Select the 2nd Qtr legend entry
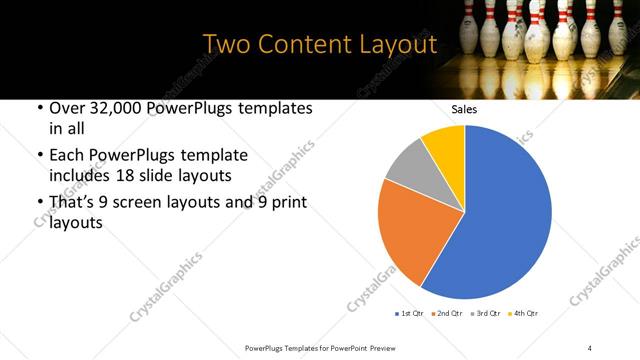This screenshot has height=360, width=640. coord(447,313)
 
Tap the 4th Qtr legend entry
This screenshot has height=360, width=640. coord(523,313)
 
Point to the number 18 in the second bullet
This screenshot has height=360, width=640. coord(145,174)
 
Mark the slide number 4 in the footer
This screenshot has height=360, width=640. coord(590,347)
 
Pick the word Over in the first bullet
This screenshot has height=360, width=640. coord(68,109)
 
